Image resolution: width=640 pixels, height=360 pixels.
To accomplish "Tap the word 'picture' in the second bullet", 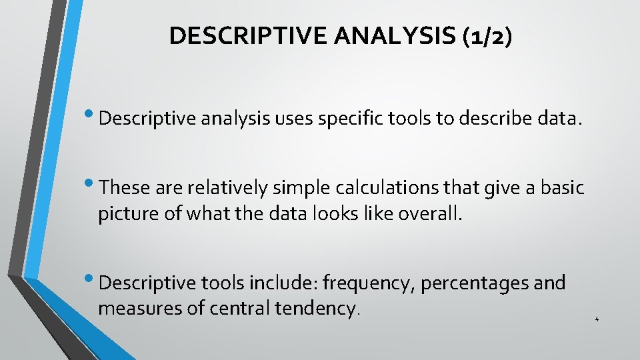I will pyautogui.click(x=123, y=215).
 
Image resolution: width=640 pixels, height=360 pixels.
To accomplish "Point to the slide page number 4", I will pyautogui.click(x=597, y=320).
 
